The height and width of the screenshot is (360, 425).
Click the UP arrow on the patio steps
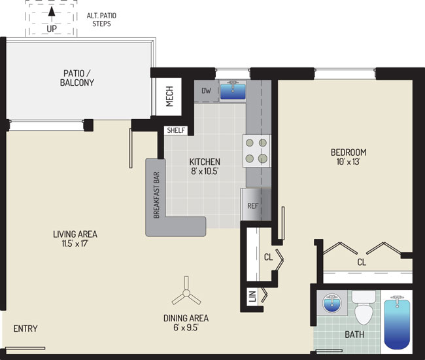pyautogui.click(x=52, y=14)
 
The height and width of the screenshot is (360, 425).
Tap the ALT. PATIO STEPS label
pyautogui.click(x=101, y=20)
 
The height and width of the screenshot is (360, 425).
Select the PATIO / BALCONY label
pyautogui.click(x=77, y=78)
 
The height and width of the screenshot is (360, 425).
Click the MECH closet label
pyautogui.click(x=169, y=96)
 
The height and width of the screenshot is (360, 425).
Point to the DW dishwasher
pyautogui.click(x=206, y=91)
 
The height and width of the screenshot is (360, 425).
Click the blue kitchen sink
pyautogui.click(x=233, y=91)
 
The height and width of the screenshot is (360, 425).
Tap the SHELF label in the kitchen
pyautogui.click(x=176, y=130)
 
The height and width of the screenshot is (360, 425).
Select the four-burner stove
pyautogui.click(x=256, y=151)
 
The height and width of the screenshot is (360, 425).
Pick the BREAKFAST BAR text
pyautogui.click(x=156, y=195)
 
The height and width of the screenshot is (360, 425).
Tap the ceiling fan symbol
pyautogui.click(x=186, y=292)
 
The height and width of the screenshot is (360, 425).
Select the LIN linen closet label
pyautogui.click(x=252, y=297)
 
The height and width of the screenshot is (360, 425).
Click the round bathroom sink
pyautogui.click(x=332, y=303)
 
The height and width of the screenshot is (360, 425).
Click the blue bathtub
pyautogui.click(x=397, y=323)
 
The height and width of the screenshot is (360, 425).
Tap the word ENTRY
pyautogui.click(x=25, y=329)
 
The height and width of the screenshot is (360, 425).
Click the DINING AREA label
pyautogui.click(x=186, y=318)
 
